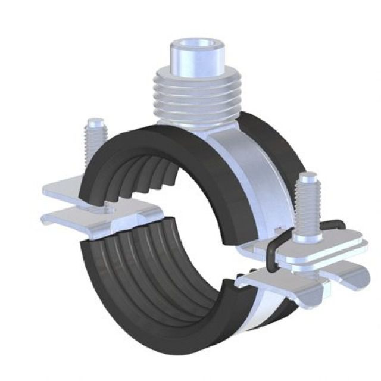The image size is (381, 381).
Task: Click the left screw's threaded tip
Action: [x=94, y=131]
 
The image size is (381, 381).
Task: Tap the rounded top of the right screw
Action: [x=308, y=177]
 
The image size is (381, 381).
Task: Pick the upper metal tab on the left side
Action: [x=65, y=189]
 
